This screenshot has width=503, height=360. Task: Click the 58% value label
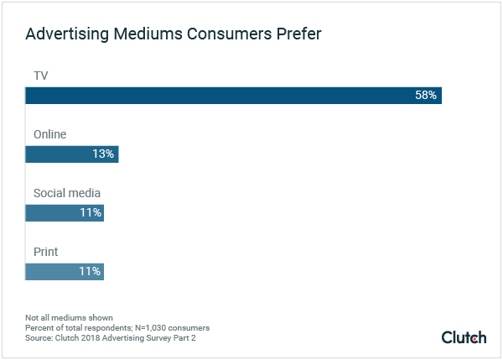tap(426, 96)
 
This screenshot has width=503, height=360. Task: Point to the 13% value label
tap(103, 154)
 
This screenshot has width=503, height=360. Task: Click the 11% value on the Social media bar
tap(91, 213)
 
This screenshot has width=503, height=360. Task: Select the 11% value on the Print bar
tap(91, 271)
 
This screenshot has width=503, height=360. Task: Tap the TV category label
tap(40, 76)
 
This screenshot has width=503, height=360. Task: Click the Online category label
tap(49, 134)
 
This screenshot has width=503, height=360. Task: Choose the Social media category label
tap(66, 193)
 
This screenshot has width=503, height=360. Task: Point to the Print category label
tap(45, 251)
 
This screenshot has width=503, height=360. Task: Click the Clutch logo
tap(464, 337)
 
